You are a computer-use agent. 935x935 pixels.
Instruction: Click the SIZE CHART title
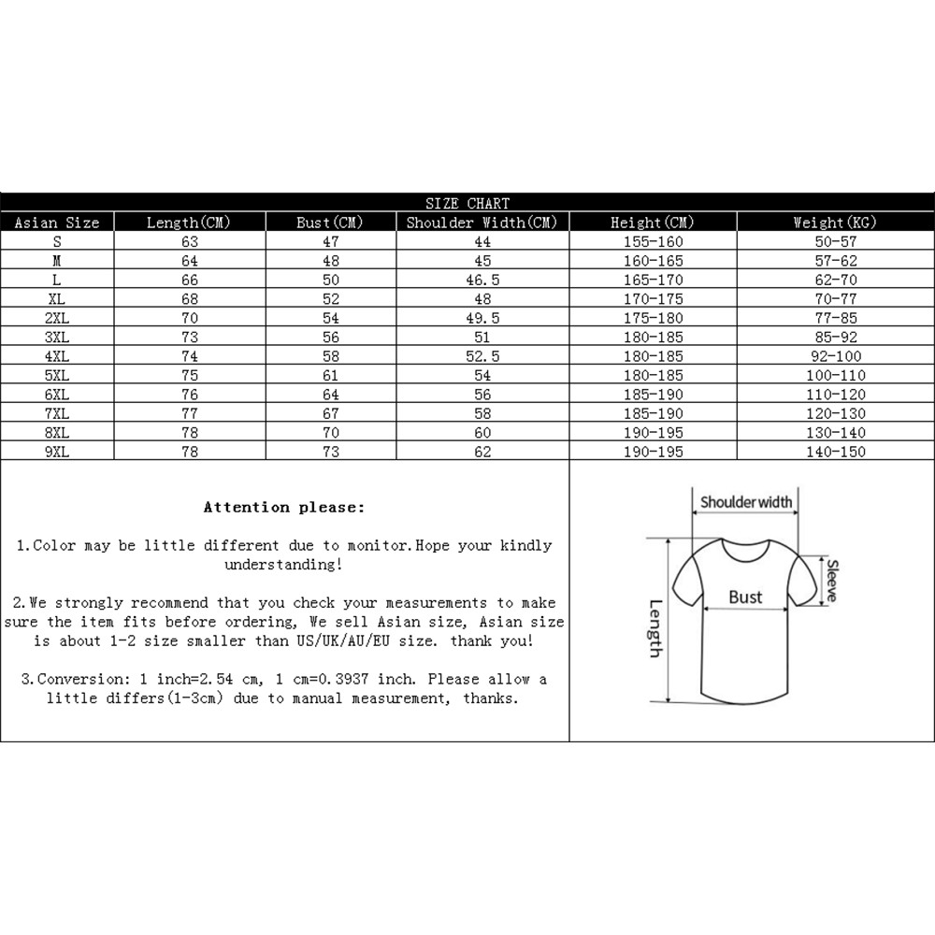tap(467, 203)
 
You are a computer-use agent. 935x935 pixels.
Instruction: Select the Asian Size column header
tap(57, 223)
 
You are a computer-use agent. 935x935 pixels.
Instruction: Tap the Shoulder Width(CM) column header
tap(482, 223)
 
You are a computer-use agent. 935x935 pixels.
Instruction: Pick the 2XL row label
tap(57, 318)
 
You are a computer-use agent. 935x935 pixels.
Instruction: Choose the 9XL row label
tap(57, 452)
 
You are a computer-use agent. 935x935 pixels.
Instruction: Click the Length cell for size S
tap(189, 241)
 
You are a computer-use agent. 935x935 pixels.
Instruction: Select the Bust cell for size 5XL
tap(331, 376)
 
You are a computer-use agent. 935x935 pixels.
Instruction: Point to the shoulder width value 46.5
tap(482, 280)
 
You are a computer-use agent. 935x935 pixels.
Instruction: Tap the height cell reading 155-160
tap(653, 241)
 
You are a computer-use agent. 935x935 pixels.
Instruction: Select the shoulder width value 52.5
tap(482, 356)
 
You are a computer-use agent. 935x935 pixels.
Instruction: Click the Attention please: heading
tap(284, 508)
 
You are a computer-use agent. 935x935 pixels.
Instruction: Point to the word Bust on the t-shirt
tap(745, 597)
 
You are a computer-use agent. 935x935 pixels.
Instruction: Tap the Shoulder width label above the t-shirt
tap(746, 502)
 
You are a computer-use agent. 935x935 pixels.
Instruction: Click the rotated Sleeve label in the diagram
tap(830, 580)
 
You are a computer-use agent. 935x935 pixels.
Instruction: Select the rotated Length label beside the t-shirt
tap(654, 627)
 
